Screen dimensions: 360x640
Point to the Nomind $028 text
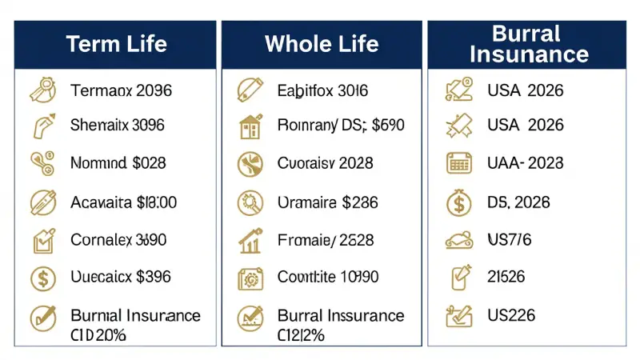118,163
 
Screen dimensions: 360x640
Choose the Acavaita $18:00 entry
123,202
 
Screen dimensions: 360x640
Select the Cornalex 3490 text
118,239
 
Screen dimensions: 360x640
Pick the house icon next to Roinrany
250,126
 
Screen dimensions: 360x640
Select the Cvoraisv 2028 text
326,163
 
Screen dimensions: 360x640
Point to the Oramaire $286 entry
327,202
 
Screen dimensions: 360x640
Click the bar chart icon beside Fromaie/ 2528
250,239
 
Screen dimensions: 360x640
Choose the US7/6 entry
509,239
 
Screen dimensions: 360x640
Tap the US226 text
511,315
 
